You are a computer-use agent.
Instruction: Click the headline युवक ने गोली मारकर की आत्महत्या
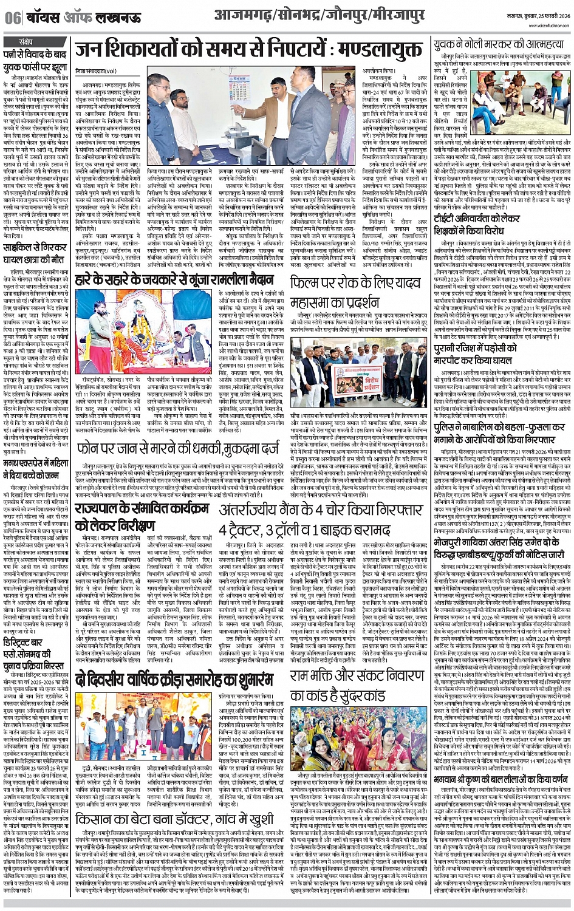pyautogui.click(x=497, y=46)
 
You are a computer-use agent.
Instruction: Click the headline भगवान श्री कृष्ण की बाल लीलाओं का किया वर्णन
pyautogui.click(x=497, y=766)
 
